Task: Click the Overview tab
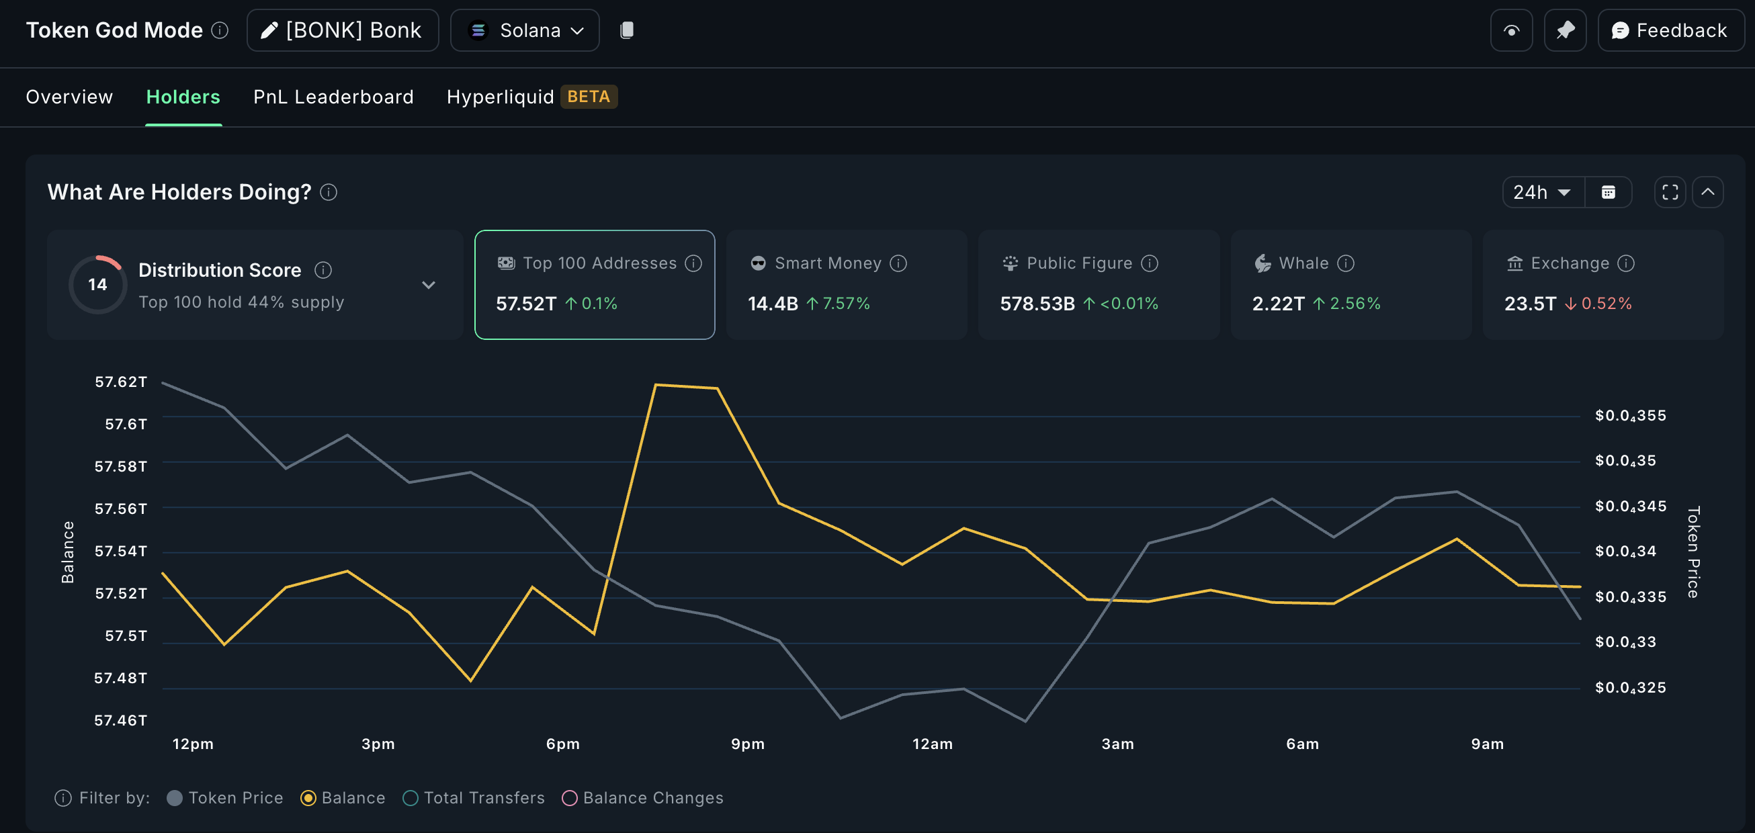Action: (69, 97)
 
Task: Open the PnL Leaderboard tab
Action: (333, 97)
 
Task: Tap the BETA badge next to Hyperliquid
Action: (588, 97)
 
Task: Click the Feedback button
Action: (1670, 31)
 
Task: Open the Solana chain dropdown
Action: (525, 31)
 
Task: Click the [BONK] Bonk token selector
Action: (343, 31)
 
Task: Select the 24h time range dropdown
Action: (1542, 192)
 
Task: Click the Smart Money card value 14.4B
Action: (773, 304)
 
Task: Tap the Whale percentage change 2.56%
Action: (1354, 304)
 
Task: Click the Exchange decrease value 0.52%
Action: (1606, 304)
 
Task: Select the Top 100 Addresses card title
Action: (599, 263)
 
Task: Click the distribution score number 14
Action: (97, 285)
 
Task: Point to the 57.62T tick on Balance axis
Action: (120, 382)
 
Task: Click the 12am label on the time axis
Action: (932, 744)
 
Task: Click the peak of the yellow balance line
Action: (656, 386)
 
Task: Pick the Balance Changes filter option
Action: (642, 797)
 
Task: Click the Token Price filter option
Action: (225, 797)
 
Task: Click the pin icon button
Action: (1565, 31)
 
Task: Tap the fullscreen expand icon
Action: (1670, 192)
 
